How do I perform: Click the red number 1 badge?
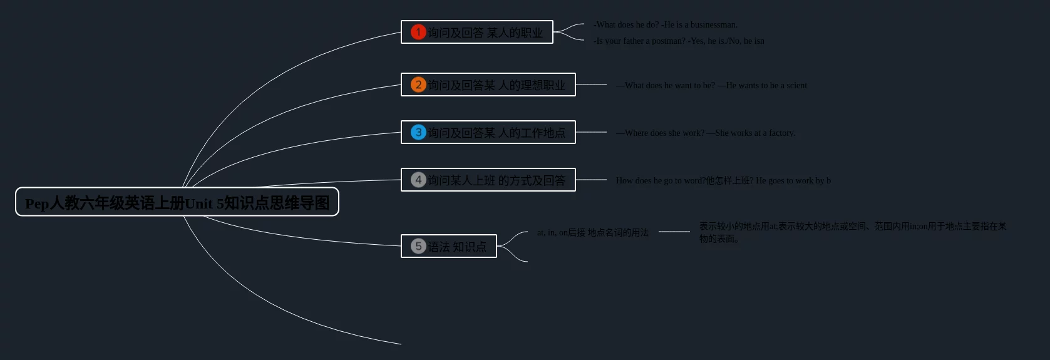(418, 32)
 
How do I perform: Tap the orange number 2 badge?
(418, 85)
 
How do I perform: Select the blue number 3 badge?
(418, 132)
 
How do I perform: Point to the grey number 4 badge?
(418, 180)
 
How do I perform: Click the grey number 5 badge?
(418, 246)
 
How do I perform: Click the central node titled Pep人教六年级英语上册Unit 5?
(177, 202)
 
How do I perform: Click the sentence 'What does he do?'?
(626, 25)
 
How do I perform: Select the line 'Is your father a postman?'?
(639, 41)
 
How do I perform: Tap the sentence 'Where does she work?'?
(664, 133)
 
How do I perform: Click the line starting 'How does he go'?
(723, 181)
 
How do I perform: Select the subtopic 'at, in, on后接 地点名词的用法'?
(592, 232)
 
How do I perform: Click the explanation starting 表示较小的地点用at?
(852, 232)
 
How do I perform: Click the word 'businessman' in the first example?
(713, 25)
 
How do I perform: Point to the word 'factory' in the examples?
(781, 133)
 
